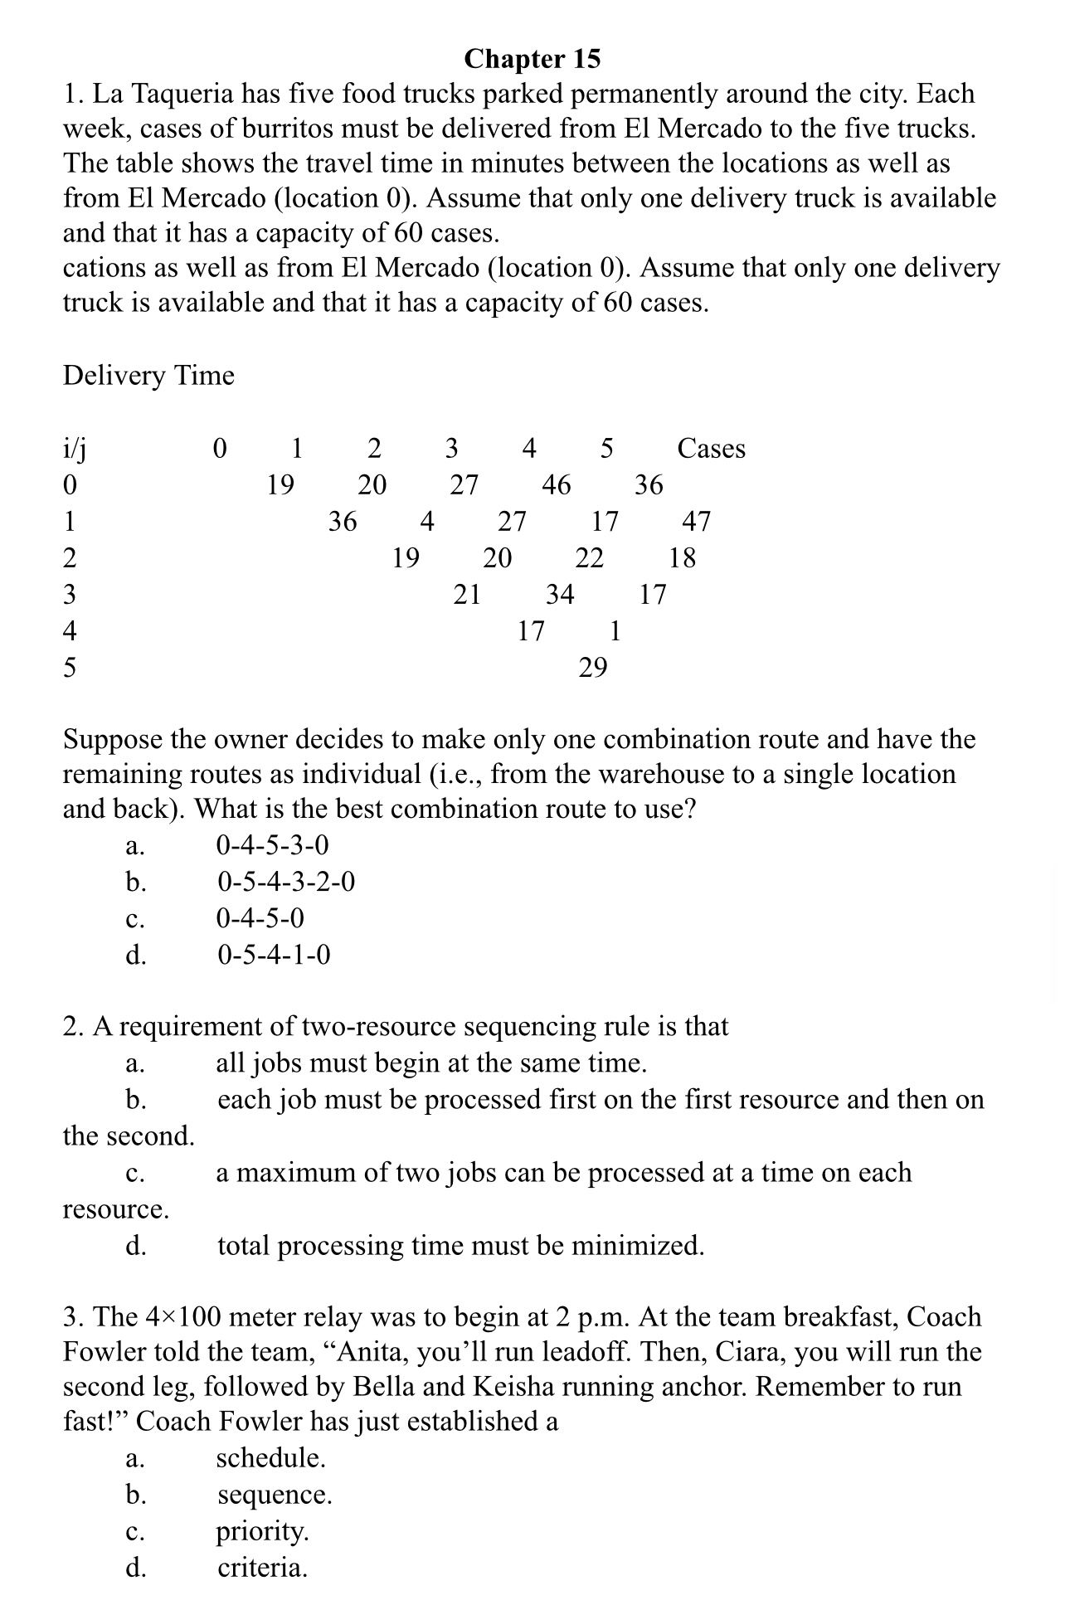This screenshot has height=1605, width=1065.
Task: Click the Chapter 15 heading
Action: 532,59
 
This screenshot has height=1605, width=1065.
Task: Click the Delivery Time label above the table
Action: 148,376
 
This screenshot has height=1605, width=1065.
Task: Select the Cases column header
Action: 711,449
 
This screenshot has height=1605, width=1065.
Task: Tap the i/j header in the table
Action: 75,449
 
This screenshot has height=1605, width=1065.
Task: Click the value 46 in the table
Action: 556,485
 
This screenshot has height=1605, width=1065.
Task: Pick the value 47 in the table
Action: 696,522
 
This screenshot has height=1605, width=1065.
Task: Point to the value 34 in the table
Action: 559,595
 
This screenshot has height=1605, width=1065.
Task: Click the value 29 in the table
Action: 592,668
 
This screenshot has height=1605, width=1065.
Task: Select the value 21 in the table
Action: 466,595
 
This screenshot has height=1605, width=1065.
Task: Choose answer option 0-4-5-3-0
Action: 272,846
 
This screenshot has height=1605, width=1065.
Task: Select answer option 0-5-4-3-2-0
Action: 286,882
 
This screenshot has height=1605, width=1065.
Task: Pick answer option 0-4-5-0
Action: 260,919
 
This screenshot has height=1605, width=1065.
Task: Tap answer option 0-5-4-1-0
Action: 274,956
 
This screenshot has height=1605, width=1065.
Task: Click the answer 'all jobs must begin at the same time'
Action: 430,1063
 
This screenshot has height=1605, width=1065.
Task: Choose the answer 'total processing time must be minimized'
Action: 460,1246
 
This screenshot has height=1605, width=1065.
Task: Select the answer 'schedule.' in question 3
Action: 270,1458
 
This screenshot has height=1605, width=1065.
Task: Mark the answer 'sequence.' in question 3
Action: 275,1495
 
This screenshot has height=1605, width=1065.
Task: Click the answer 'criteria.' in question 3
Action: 262,1568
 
